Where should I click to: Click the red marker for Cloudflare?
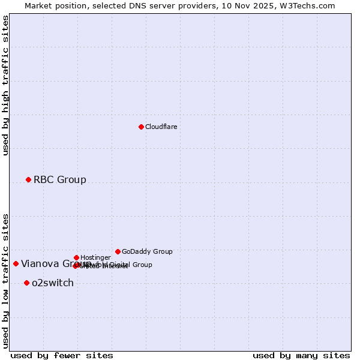click(x=141, y=127)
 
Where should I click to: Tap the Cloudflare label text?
click(x=161, y=127)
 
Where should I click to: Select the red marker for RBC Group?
click(x=28, y=179)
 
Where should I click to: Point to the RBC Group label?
click(x=59, y=180)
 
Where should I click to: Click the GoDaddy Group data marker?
click(x=118, y=251)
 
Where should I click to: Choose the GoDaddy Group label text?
click(x=147, y=252)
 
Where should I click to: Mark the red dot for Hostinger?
click(x=76, y=257)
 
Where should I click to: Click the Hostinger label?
click(x=95, y=258)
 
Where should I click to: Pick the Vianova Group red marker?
click(x=16, y=263)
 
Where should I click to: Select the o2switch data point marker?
click(x=26, y=283)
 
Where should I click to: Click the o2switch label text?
click(x=53, y=283)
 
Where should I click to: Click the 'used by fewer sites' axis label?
click(x=62, y=355)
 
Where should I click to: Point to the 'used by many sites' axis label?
click(x=301, y=355)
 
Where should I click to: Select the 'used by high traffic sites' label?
click(x=6, y=85)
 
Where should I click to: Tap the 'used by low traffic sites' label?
click(x=6, y=280)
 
